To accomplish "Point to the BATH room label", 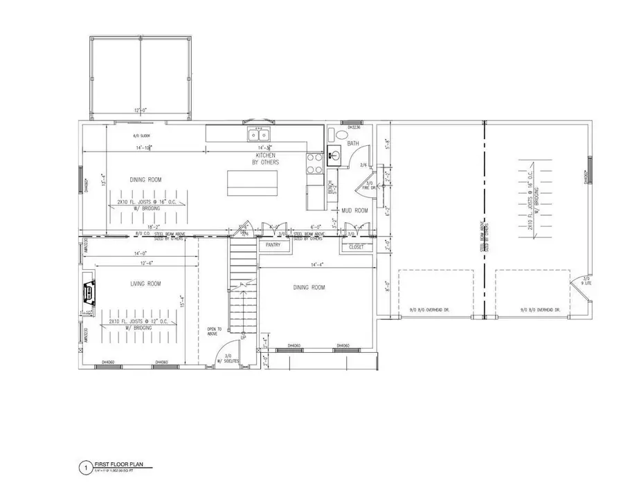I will [353, 144].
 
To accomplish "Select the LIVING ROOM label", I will [145, 284].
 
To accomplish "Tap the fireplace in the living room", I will [89, 293].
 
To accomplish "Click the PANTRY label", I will [269, 244].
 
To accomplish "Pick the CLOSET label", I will [356, 246].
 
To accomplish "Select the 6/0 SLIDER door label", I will [142, 136].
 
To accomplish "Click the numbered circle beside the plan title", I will [84, 468].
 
